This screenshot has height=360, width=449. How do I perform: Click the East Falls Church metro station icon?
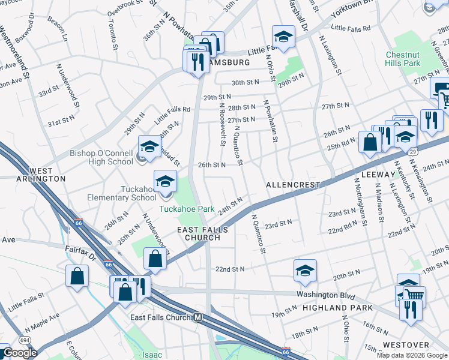coord(197,317)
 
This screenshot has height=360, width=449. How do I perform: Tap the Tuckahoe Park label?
coord(187,209)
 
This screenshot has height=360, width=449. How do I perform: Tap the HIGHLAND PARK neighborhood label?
coord(337,308)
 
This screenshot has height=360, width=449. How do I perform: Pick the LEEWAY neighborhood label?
coord(379,173)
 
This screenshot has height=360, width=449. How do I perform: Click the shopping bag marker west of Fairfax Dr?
coord(77,277)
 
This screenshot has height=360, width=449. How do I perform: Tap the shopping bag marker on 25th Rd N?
coord(370,142)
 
